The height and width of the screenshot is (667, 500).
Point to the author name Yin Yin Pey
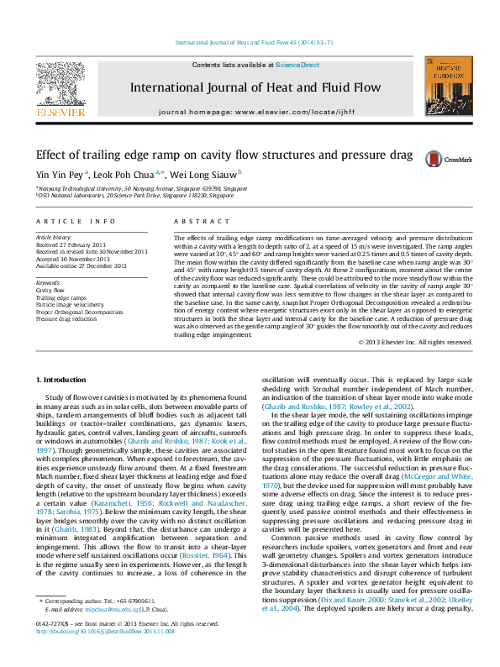58,175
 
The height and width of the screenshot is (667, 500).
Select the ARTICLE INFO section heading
76,221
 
